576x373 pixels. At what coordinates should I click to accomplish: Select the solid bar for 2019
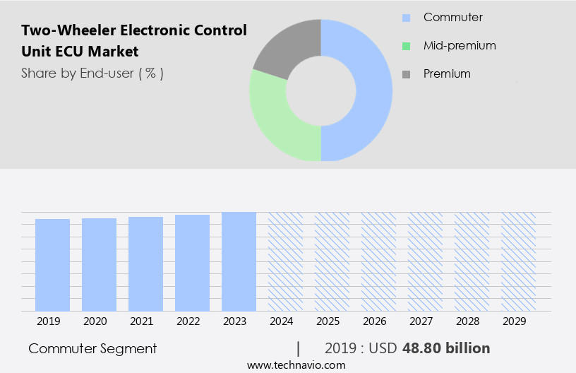pos(52,265)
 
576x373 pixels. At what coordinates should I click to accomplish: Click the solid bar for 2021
pos(145,264)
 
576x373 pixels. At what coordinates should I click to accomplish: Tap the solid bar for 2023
pos(239,261)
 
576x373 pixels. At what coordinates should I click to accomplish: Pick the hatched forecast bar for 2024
pos(285,261)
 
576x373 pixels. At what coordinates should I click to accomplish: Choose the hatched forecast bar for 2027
pos(425,261)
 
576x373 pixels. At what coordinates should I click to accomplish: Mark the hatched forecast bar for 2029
pos(518,261)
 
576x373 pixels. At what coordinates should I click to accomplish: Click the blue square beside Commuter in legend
pos(406,18)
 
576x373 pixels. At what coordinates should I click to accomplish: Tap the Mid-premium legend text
pos(460,46)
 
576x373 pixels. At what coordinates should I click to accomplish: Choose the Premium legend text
pos(447,73)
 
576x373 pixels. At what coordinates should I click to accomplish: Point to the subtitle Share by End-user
pos(92,73)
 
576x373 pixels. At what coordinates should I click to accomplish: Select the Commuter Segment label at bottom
pos(92,348)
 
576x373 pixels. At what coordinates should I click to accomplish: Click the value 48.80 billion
pos(445,348)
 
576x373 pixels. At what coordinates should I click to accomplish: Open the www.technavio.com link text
pos(296,365)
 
